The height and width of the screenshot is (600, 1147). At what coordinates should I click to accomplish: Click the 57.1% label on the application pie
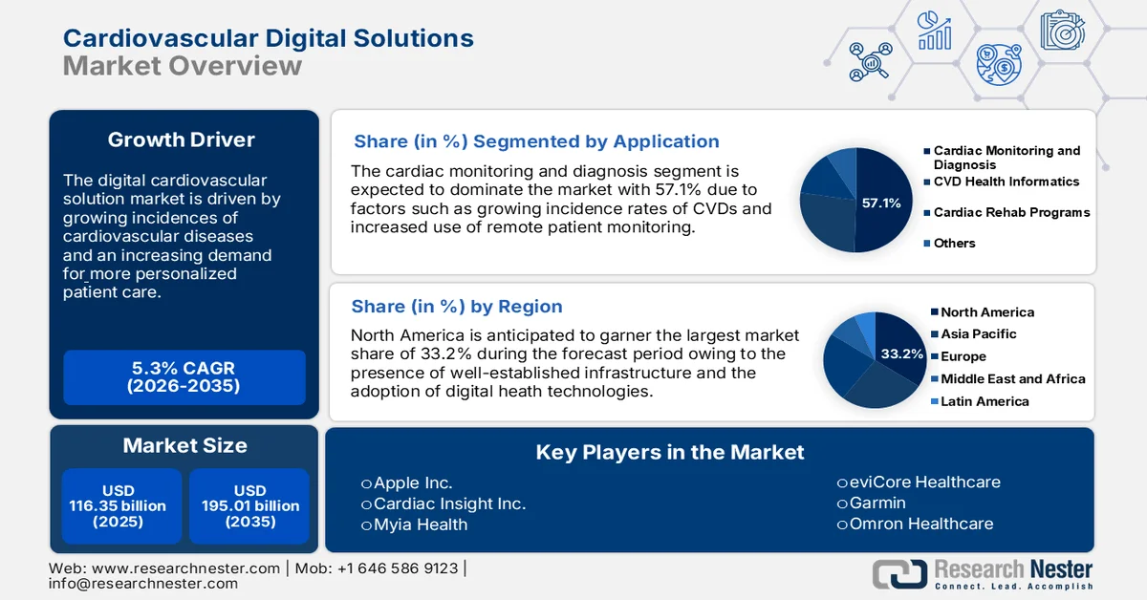[881, 203]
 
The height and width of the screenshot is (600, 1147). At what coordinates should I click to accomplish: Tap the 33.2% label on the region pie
[902, 354]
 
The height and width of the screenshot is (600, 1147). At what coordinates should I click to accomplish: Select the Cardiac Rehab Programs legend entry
[1011, 212]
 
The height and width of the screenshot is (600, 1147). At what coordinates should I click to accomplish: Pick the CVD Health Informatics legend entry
[1006, 182]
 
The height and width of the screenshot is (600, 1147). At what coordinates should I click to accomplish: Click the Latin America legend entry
[985, 401]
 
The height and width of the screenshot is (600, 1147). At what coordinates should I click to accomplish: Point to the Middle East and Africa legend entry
[1012, 378]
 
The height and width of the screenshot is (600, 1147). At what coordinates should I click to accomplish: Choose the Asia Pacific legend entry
[978, 333]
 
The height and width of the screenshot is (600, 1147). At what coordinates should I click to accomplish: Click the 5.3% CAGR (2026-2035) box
[184, 376]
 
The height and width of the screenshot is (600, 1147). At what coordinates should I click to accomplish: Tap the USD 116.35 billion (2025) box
[118, 506]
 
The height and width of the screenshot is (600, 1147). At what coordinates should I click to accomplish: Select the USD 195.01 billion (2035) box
[250, 506]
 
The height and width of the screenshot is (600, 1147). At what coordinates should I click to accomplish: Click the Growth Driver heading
[182, 139]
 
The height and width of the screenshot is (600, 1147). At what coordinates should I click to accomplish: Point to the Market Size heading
[184, 445]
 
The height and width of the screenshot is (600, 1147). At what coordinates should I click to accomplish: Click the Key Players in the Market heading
[670, 452]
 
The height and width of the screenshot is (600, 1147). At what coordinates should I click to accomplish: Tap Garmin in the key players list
[877, 503]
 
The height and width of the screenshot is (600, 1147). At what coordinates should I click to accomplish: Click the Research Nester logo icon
[899, 573]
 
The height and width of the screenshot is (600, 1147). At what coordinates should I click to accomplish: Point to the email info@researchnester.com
[143, 583]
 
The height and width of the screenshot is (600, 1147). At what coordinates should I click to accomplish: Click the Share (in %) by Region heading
[457, 306]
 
